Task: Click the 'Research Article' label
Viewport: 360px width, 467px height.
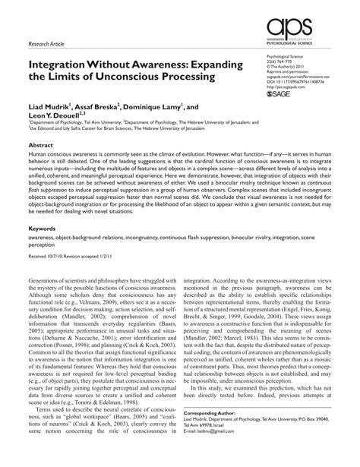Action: tap(48, 44)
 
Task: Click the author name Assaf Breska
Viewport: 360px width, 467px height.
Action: tap(112, 109)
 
